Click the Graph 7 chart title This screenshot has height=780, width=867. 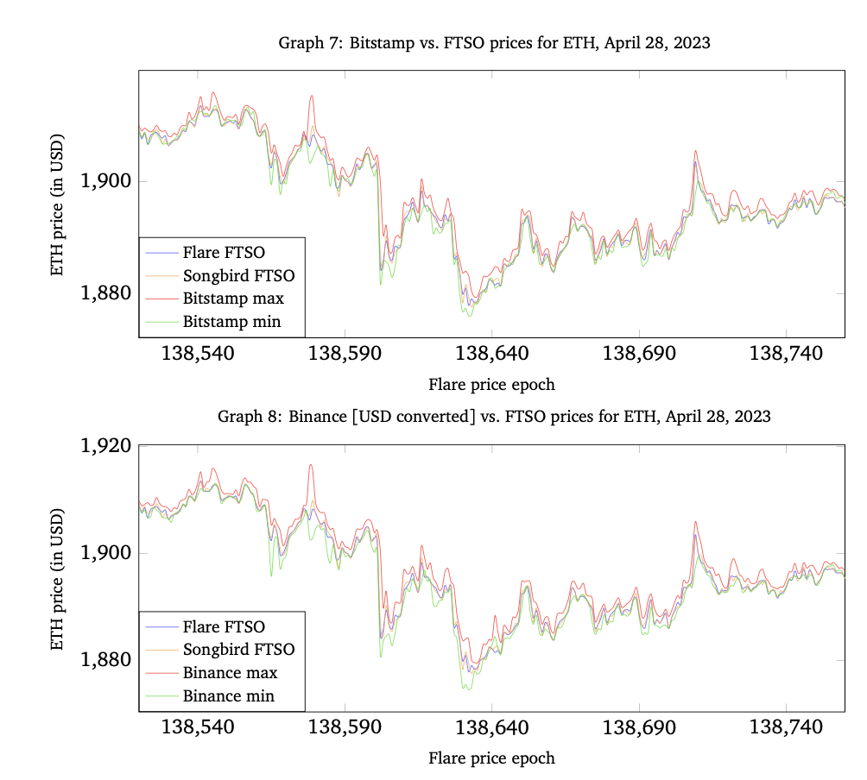[494, 42]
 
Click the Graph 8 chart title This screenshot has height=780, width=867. [494, 416]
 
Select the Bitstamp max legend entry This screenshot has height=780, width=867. [232, 299]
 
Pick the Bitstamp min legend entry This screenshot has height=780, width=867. [231, 323]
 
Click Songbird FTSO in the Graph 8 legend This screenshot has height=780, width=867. [238, 650]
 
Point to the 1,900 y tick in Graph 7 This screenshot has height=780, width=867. [106, 182]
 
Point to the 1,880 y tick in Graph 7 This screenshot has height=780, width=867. [106, 294]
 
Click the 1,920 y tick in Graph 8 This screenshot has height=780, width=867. [106, 446]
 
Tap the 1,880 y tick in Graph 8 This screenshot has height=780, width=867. [106, 661]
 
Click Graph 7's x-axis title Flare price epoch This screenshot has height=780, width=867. [491, 384]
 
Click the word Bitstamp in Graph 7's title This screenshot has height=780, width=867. [375, 42]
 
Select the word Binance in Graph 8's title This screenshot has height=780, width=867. [316, 416]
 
